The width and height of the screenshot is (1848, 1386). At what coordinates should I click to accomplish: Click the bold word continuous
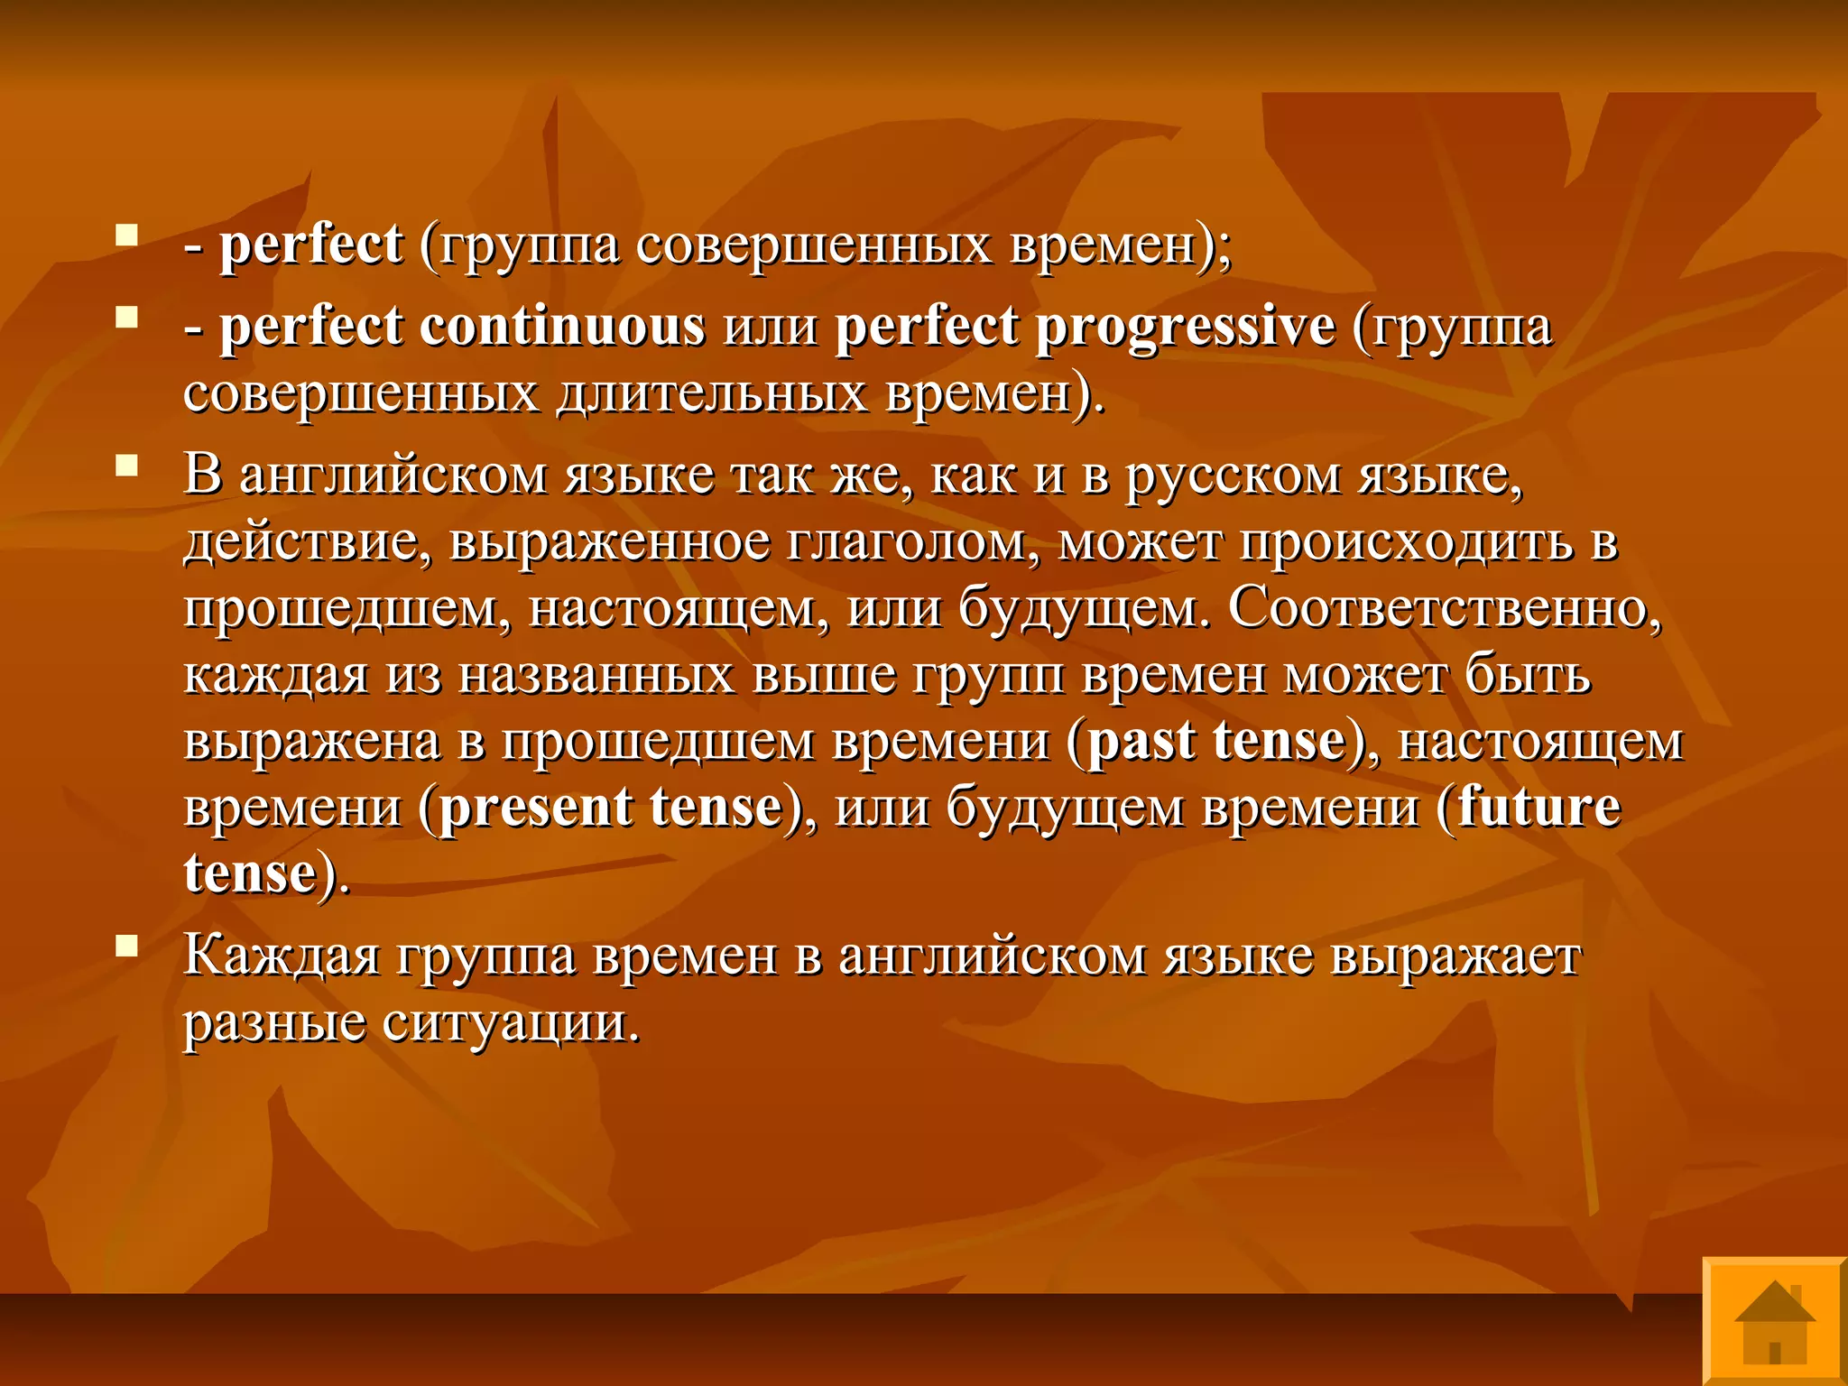561,327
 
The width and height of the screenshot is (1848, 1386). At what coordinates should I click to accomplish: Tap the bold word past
1141,741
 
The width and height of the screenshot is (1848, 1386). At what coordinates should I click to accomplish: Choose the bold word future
1538,807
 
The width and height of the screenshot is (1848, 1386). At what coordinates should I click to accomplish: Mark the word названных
596,674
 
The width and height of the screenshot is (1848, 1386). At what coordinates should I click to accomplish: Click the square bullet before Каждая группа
126,945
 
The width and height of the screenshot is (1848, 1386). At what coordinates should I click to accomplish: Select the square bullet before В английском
126,465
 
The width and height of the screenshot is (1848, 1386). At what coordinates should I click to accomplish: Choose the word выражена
312,741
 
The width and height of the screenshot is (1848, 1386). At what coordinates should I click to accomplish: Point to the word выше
824,674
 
